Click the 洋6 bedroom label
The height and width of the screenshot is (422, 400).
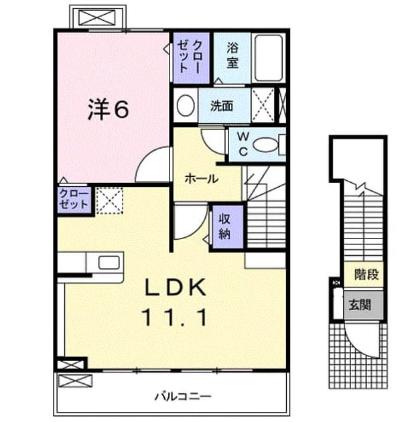pyautogui.click(x=109, y=109)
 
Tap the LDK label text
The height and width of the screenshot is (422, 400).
pyautogui.click(x=176, y=287)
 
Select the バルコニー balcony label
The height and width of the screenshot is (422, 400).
pyautogui.click(x=183, y=396)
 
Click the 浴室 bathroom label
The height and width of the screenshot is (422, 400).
pyautogui.click(x=232, y=55)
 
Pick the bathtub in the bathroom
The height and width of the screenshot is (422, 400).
pyautogui.click(x=269, y=58)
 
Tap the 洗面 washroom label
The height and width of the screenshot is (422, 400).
pyautogui.click(x=222, y=106)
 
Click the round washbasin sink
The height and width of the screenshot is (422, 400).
pyautogui.click(x=186, y=106)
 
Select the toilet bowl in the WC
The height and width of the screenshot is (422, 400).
pyautogui.click(x=265, y=145)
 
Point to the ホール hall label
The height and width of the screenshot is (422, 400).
pyautogui.click(x=202, y=178)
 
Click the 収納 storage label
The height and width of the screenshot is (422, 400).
pyautogui.click(x=224, y=226)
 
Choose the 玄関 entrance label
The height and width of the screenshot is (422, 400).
pyautogui.click(x=360, y=305)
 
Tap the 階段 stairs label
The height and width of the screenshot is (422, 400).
pyautogui.click(x=366, y=274)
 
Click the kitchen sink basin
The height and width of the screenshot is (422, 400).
pyautogui.click(x=109, y=263)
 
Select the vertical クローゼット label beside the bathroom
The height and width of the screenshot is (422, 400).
pyautogui.click(x=190, y=56)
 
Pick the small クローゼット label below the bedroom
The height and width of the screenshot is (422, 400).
pyautogui.click(x=74, y=199)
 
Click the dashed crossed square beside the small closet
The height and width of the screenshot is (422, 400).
pyautogui.click(x=110, y=201)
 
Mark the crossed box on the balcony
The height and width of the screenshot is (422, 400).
pyautogui.click(x=75, y=380)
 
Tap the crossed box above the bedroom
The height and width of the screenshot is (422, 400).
pyautogui.click(x=97, y=18)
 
